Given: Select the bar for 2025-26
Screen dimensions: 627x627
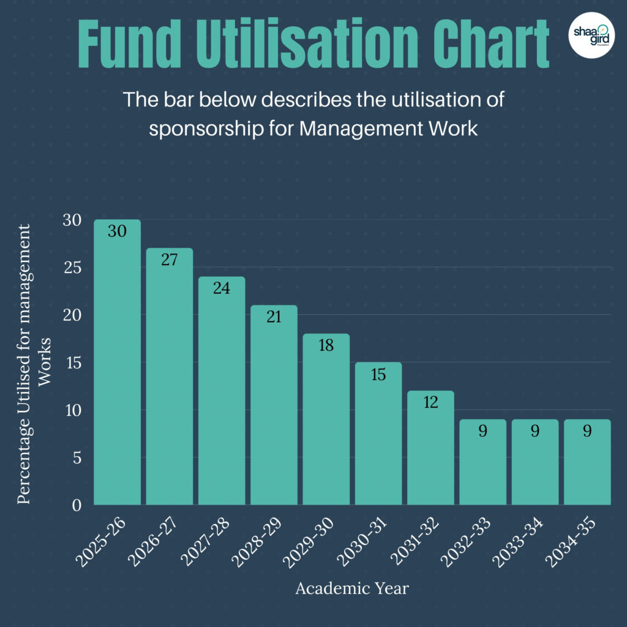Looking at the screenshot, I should tap(117, 367).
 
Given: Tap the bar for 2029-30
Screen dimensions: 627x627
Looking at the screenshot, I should tap(326, 422).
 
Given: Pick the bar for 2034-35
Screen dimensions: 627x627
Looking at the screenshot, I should tap(587, 465).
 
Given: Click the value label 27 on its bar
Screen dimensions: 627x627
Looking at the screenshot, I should tap(169, 260).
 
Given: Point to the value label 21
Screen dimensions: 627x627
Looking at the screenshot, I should tap(274, 317).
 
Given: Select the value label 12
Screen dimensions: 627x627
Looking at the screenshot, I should tap(430, 402).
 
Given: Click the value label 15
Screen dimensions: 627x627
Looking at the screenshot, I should tap(378, 374).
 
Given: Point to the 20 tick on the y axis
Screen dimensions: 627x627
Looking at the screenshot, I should tap(73, 315).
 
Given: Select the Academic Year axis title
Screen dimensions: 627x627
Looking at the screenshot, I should tap(352, 589).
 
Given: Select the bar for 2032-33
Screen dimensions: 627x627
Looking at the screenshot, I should tap(482, 465).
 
